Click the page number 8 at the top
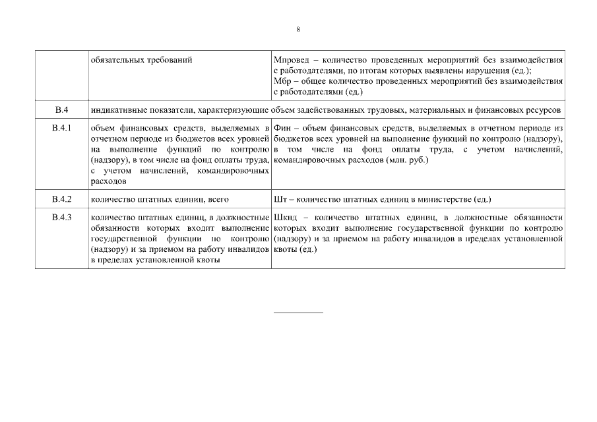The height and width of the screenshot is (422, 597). coord(298,30)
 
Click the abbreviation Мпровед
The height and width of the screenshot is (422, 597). coord(289,60)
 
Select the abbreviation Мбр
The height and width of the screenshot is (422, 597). coord(282,80)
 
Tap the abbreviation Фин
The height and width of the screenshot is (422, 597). coord(282,127)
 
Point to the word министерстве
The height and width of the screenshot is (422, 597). coord(444,198)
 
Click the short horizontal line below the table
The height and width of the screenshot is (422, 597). coord(298,312)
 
